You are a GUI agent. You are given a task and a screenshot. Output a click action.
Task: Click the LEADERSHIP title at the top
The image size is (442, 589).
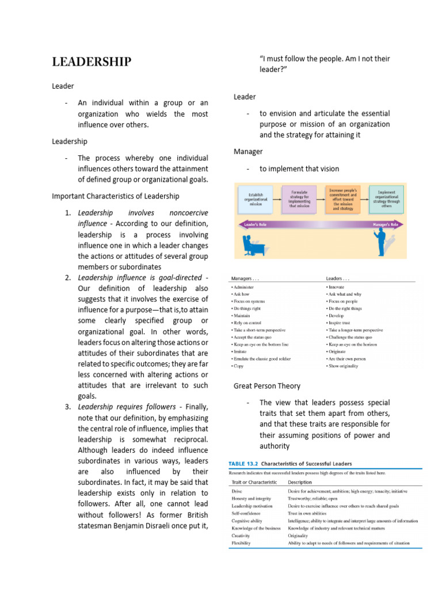coord(92,62)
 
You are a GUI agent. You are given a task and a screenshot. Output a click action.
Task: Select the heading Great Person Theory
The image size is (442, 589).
coord(267,385)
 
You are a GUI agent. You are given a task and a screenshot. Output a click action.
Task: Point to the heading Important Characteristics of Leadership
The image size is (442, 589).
coord(116,196)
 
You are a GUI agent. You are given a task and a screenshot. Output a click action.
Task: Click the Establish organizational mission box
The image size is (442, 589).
coord(256,199)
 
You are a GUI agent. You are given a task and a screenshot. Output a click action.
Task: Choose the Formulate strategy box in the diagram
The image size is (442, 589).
coord(299,199)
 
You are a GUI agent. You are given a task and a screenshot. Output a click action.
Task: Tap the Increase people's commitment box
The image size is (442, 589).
coord(343,199)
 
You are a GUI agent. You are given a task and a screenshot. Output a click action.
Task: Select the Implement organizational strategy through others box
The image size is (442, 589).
coord(386,199)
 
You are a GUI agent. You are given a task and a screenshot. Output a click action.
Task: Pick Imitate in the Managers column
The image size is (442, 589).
coord(240,350)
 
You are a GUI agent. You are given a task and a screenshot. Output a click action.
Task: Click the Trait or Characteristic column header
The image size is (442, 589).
coord(254,482)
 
